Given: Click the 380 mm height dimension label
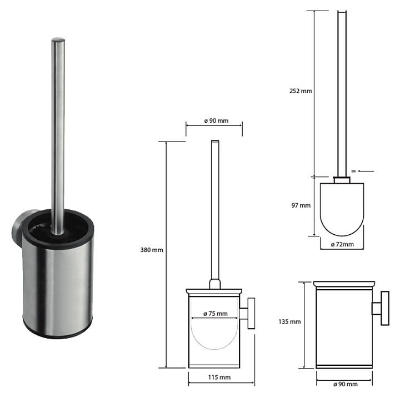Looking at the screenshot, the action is click(152, 250).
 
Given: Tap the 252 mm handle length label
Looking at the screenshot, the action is click(301, 91).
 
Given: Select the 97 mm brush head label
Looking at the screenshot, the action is click(301, 205).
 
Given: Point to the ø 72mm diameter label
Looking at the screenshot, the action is click(342, 244).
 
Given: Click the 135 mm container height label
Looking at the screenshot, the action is click(289, 322).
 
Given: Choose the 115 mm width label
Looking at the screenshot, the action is click(219, 377).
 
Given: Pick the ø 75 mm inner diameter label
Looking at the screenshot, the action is click(216, 314).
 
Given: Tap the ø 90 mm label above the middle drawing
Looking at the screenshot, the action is click(216, 120).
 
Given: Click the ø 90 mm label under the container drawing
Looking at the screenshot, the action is click(346, 384).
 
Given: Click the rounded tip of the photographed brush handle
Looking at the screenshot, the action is click(58, 40).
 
